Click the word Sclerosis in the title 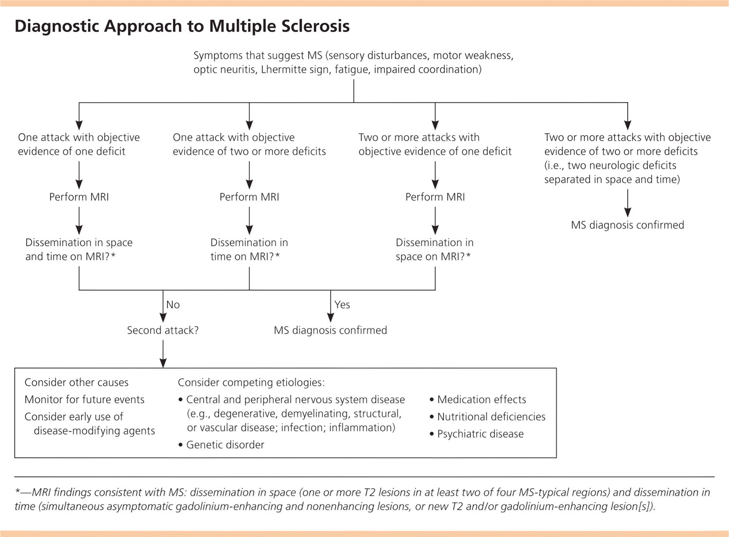click(x=315, y=26)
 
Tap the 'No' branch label click(x=173, y=304)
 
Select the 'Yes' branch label click(x=342, y=304)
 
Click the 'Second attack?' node click(x=163, y=330)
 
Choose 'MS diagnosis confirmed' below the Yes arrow click(x=330, y=330)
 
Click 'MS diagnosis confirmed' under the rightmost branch click(x=627, y=225)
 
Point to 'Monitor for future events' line click(x=85, y=399)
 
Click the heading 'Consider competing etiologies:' click(x=251, y=382)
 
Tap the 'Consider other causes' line click(x=76, y=382)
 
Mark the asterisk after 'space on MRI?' click(x=468, y=255)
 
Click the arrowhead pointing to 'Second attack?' click(x=163, y=318)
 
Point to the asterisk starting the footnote click(x=18, y=490)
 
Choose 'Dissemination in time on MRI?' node click(x=249, y=250)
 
